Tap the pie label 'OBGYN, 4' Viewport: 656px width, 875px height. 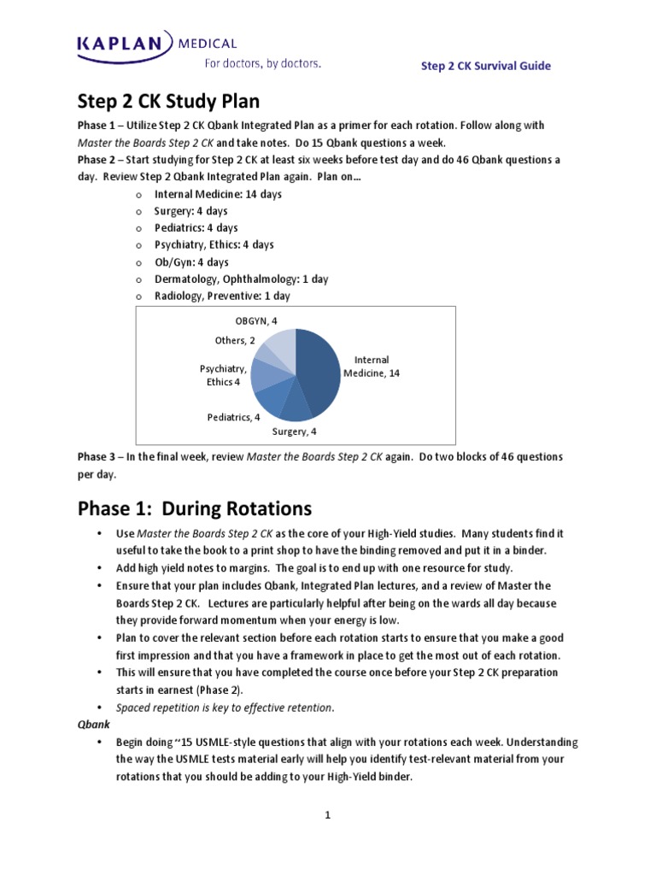[256, 321]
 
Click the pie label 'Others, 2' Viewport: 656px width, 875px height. [235, 340]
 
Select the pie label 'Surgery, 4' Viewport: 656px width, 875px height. [294, 432]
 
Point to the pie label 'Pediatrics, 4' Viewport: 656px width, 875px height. [233, 417]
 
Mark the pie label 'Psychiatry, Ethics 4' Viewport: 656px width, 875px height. [224, 375]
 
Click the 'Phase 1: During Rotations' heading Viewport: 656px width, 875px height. [195, 508]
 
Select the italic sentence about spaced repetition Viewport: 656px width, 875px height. [225, 707]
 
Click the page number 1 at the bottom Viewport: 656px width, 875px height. [327, 815]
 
